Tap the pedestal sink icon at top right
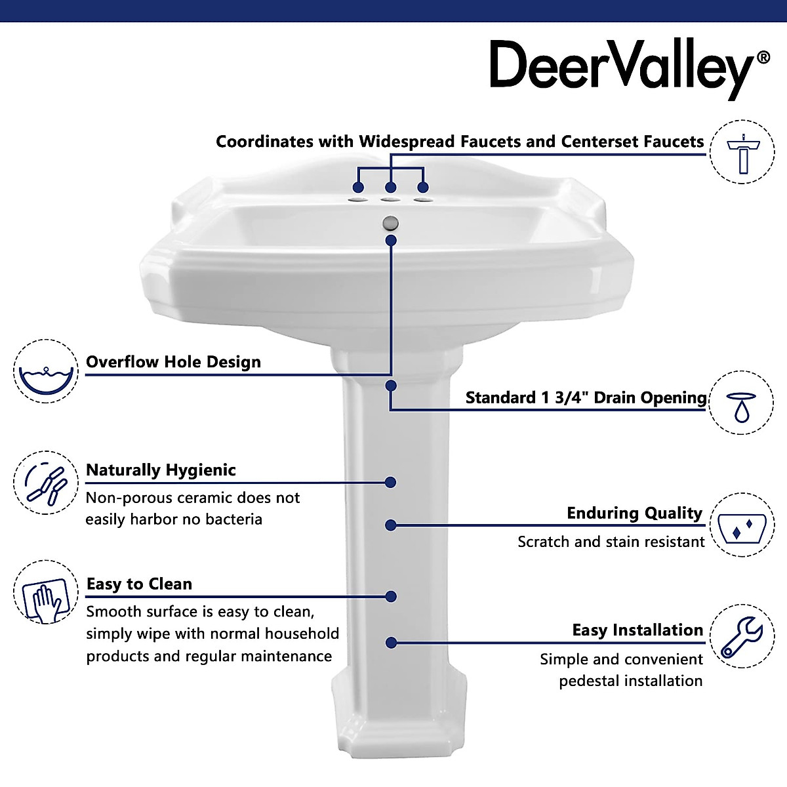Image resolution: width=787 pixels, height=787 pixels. point(742,151)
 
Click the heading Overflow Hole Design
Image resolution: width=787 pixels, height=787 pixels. point(173,362)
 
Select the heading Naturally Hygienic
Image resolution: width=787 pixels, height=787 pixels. point(161,470)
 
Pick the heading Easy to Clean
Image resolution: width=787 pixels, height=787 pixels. point(139,584)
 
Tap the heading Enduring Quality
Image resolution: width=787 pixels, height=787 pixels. point(634,514)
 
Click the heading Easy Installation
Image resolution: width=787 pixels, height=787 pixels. point(637,630)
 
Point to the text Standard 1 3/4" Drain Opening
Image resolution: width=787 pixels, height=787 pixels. point(586,397)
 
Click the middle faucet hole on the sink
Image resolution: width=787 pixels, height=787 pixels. point(391,199)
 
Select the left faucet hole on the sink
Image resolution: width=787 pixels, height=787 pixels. point(358,198)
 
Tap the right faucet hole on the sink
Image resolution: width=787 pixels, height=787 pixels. point(424,199)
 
